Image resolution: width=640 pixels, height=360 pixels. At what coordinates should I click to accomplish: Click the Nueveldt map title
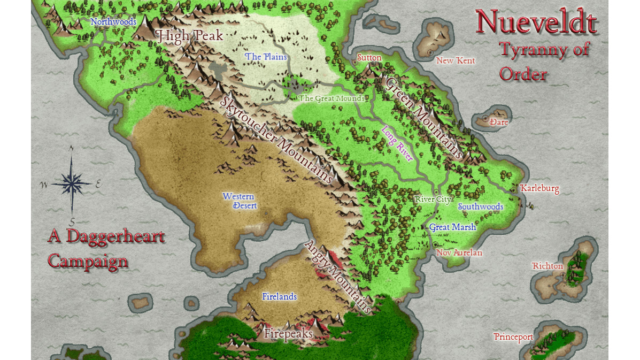pyautogui.click(x=536, y=22)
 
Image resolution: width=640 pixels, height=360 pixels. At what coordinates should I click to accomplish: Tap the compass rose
pyautogui.click(x=72, y=184)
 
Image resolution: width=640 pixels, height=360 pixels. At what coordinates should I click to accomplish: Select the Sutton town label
pyautogui.click(x=369, y=58)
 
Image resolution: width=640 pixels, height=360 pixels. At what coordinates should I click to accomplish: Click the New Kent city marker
pyautogui.click(x=430, y=52)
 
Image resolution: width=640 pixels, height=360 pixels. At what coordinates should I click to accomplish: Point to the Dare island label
pyautogui.click(x=499, y=122)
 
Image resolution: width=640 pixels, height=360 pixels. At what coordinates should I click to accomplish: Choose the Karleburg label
pyautogui.click(x=540, y=188)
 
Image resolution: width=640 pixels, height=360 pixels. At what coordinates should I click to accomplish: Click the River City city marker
pyautogui.click(x=436, y=192)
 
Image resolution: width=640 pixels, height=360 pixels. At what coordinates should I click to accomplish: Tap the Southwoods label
pyautogui.click(x=481, y=206)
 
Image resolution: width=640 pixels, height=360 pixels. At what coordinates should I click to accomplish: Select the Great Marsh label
pyautogui.click(x=452, y=227)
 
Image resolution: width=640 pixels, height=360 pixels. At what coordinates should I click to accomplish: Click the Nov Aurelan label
pyautogui.click(x=459, y=252)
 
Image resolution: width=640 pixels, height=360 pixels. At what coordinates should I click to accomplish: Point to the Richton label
pyautogui.click(x=547, y=266)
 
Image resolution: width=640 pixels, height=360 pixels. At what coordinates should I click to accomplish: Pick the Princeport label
pyautogui.click(x=513, y=337)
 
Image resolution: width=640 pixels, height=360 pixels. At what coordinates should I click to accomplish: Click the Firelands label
pyautogui.click(x=279, y=296)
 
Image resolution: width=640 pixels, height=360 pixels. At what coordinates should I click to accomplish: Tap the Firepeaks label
pyautogui.click(x=288, y=334)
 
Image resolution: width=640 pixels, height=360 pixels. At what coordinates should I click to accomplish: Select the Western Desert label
pyautogui.click(x=239, y=201)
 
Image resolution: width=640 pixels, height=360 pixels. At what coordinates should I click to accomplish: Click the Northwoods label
pyautogui.click(x=113, y=22)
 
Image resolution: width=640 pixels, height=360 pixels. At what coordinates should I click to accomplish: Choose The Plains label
pyautogui.click(x=266, y=57)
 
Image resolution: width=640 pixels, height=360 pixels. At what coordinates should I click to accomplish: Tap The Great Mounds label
pyautogui.click(x=331, y=98)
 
